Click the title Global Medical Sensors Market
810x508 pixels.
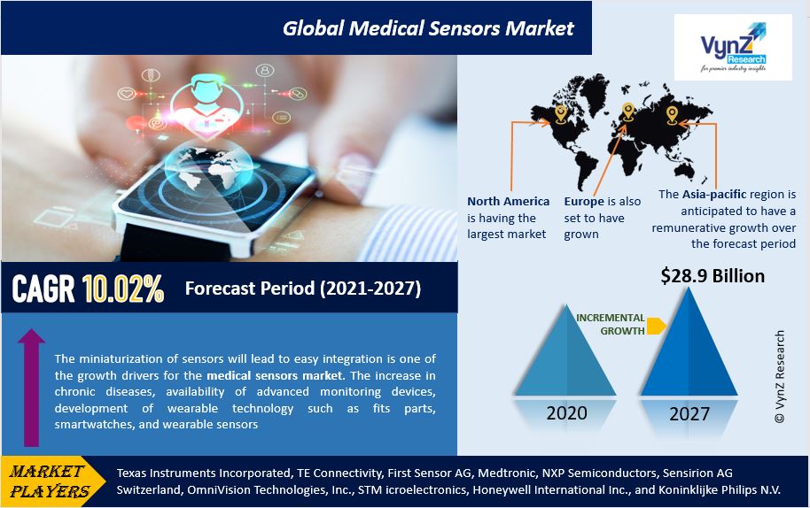click(x=428, y=28)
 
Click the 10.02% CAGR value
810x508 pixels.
click(x=123, y=289)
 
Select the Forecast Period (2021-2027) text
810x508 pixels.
click(x=302, y=289)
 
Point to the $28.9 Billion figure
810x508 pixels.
click(x=713, y=276)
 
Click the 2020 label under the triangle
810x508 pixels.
click(x=565, y=413)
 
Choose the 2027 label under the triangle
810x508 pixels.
click(x=689, y=413)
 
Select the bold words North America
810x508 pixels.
click(x=508, y=201)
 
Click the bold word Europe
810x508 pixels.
click(x=584, y=201)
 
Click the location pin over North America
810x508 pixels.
click(x=561, y=112)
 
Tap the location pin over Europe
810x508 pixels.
click(x=628, y=111)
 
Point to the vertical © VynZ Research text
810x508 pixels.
click(x=780, y=376)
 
